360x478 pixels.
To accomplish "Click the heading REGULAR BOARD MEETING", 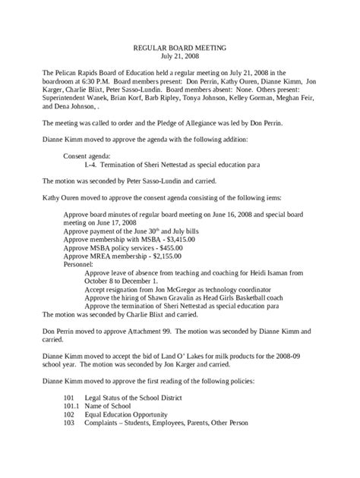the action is pos(179,46).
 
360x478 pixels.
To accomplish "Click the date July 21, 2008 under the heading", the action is pos(179,55).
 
